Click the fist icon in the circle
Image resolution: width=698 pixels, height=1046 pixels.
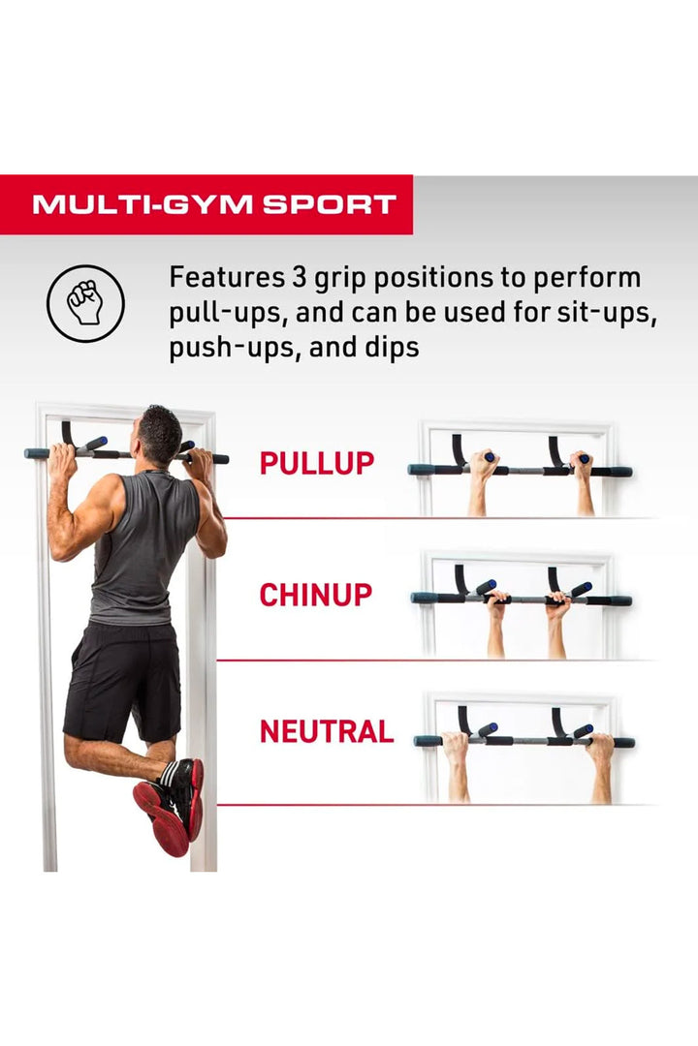coord(85,303)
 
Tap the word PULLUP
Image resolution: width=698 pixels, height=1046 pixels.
coord(316,463)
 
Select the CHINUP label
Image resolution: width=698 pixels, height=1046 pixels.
coord(315,595)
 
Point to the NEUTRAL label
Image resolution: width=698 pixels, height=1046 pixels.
coord(326,731)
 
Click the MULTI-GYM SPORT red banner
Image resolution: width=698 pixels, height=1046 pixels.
coord(214,204)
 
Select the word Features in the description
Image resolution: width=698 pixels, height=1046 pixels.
coord(223,278)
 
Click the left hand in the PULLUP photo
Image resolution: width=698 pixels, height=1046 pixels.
coord(482,466)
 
